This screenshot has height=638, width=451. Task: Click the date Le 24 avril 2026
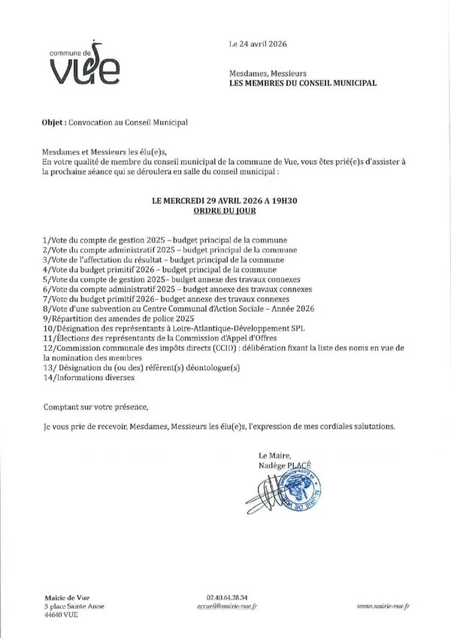coord(258,45)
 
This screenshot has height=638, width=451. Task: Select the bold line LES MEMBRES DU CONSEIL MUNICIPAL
coord(301,83)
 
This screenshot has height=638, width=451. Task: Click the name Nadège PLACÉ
coord(284,467)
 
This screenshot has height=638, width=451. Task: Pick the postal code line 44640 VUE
coord(61,614)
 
